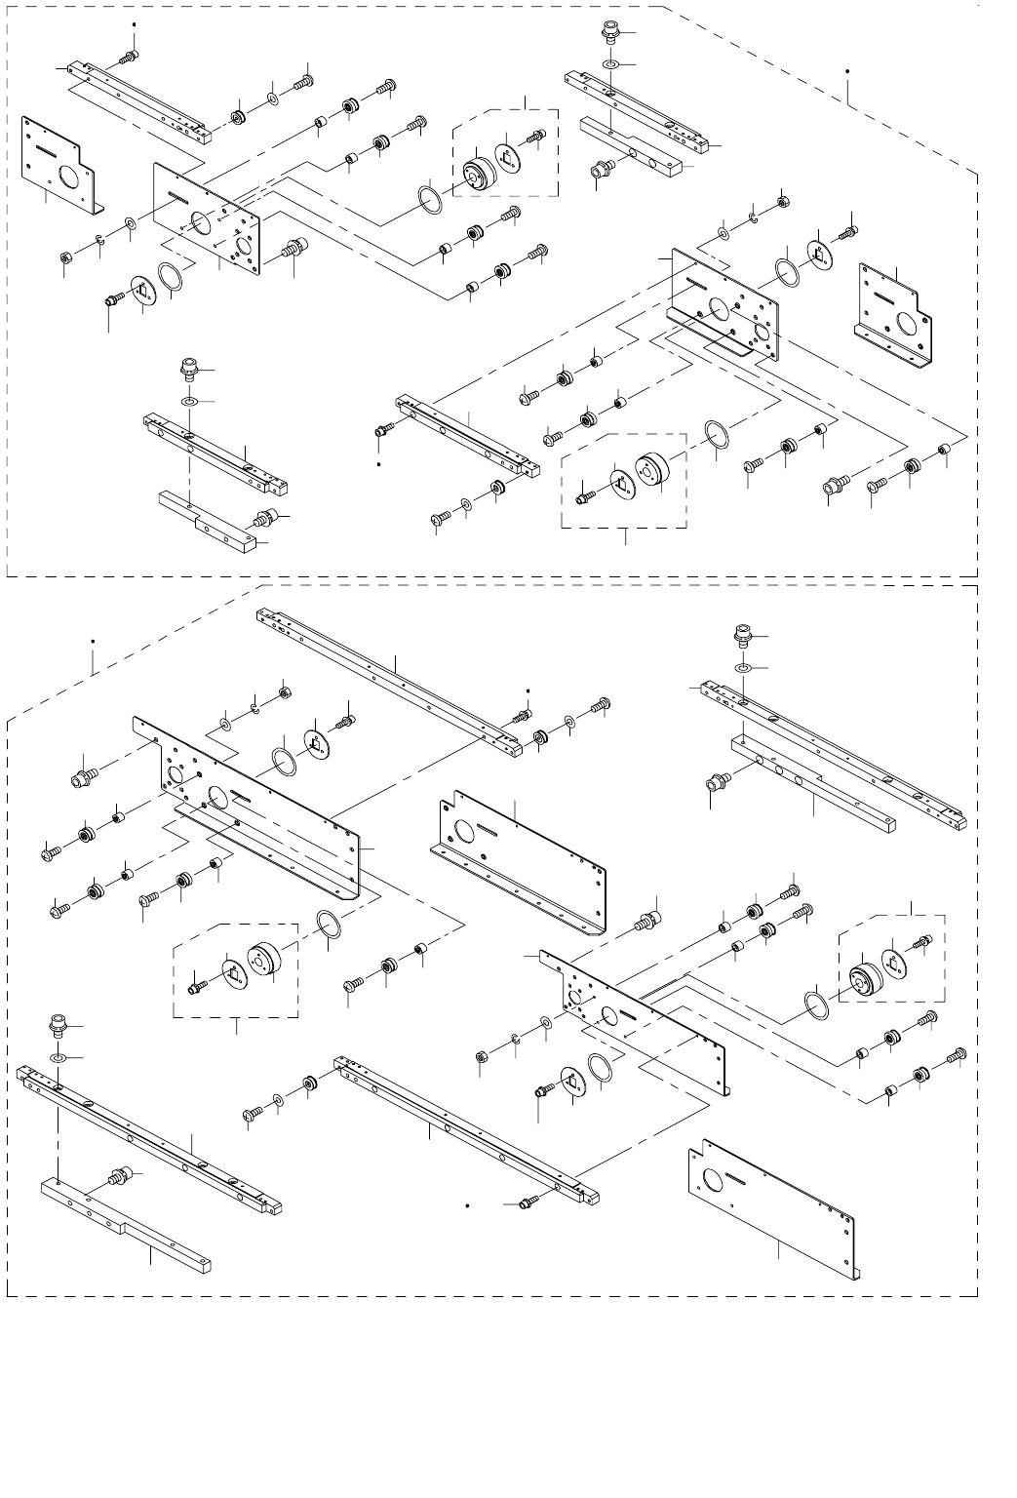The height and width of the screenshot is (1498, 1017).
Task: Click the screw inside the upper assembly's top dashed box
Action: pyautogui.click(x=534, y=138)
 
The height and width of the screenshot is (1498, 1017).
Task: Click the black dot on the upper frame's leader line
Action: pyautogui.click(x=847, y=71)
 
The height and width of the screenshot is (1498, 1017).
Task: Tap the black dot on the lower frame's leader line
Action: pyautogui.click(x=92, y=642)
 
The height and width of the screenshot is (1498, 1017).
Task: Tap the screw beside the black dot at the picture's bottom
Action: pyautogui.click(x=526, y=1205)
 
